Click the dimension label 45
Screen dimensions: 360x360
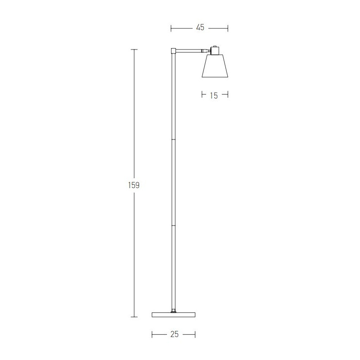200,27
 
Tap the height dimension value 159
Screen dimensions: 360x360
134,185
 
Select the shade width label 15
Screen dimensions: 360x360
214,95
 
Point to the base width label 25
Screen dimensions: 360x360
175,334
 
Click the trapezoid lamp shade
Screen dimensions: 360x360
215,66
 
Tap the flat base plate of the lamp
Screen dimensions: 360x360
174,315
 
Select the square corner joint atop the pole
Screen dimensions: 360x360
174,51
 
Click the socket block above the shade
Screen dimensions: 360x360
215,51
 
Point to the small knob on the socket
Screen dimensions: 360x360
215,46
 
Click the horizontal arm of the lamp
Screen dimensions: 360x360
189,49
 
